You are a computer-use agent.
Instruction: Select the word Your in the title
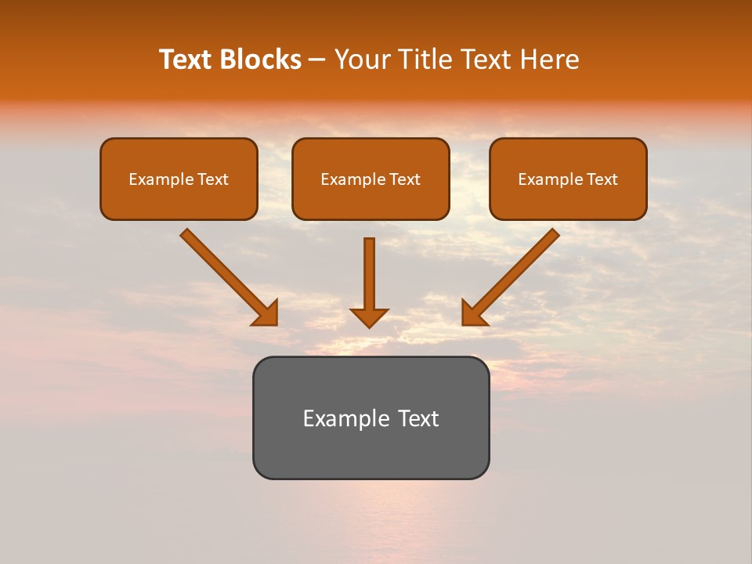pos(362,60)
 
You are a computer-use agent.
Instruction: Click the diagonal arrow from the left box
pos(227,275)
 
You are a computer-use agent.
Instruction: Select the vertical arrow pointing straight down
pos(369,274)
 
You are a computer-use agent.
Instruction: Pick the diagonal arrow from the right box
pos(513,275)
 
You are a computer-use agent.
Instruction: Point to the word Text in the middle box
pos(404,179)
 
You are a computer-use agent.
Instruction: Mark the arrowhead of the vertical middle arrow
pos(369,316)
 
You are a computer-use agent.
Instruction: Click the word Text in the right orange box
pos(602,179)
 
